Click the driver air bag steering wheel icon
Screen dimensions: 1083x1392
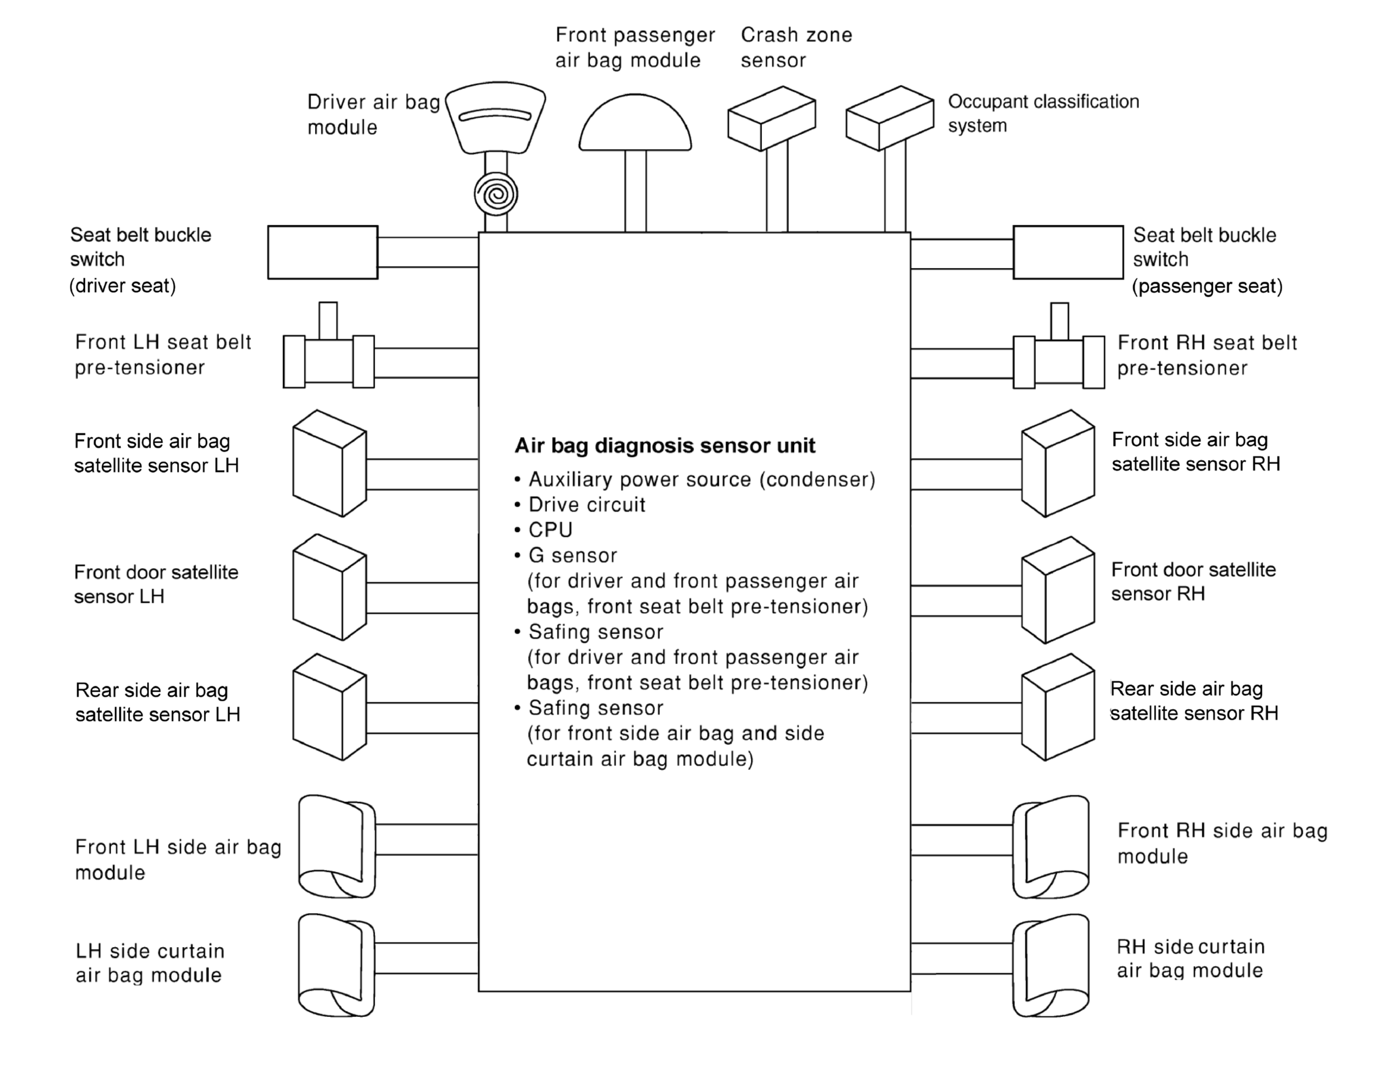(495, 118)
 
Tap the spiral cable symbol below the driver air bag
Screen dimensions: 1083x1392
(496, 194)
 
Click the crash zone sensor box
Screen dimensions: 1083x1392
(771, 118)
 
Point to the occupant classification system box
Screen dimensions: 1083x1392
(889, 118)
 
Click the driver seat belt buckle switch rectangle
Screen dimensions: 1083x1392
(322, 252)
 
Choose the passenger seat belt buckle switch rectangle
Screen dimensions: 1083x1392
(1068, 252)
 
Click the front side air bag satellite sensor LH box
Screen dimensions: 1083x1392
(329, 463)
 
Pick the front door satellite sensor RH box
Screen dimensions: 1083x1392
(1057, 590)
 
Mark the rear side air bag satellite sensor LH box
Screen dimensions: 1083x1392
(329, 707)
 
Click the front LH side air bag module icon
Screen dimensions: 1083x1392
(336, 846)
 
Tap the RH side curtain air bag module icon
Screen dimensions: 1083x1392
(1051, 965)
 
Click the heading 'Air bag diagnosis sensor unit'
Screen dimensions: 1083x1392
(665, 446)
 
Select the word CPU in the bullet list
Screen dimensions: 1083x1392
(550, 530)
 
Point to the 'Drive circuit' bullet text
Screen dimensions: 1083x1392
(586, 505)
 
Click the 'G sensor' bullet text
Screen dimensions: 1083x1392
(572, 556)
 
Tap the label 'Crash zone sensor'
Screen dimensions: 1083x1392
(796, 47)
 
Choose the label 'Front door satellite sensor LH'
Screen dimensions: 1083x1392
(156, 584)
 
